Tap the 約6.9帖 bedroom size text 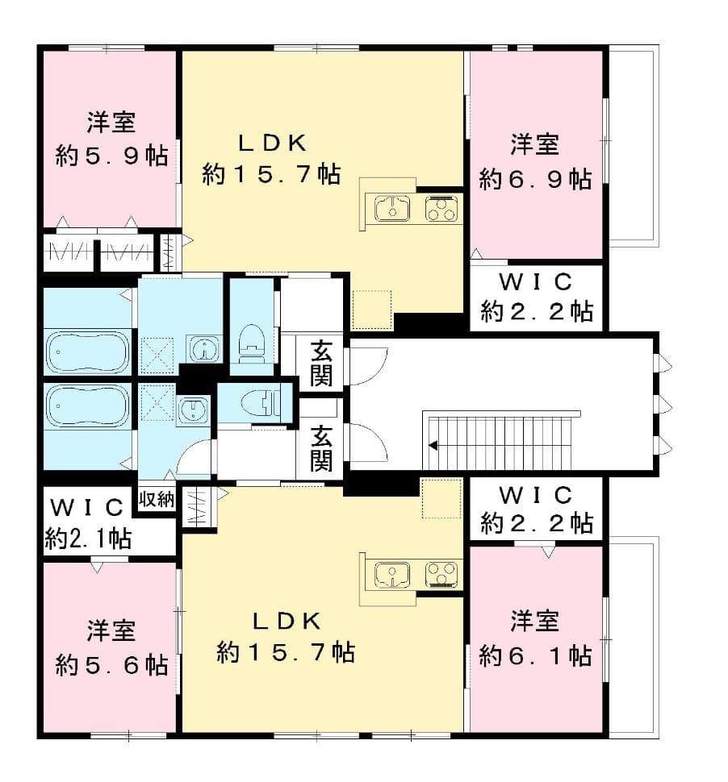coord(535,178)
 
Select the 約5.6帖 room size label coord(111,664)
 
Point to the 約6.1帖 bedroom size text coord(535,655)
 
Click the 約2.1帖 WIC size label coord(88,539)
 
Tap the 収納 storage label coord(156,499)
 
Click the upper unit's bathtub coord(87,351)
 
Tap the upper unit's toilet coord(253,340)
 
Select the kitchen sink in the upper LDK coord(391,210)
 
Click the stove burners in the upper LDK coord(441,210)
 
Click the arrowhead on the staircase coord(433,444)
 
